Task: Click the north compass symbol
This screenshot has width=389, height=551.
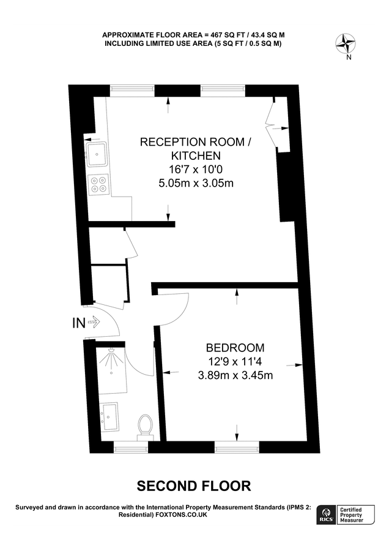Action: pos(347,44)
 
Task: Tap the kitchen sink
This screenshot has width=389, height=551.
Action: pos(97,153)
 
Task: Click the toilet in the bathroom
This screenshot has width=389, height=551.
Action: pos(145,425)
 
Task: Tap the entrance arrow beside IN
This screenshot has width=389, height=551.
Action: pos(94,321)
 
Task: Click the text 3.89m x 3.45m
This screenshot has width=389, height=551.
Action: pos(235,375)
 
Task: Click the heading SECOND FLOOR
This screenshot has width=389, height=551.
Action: pos(194,487)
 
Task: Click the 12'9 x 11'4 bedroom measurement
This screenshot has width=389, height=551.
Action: pos(235,361)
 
